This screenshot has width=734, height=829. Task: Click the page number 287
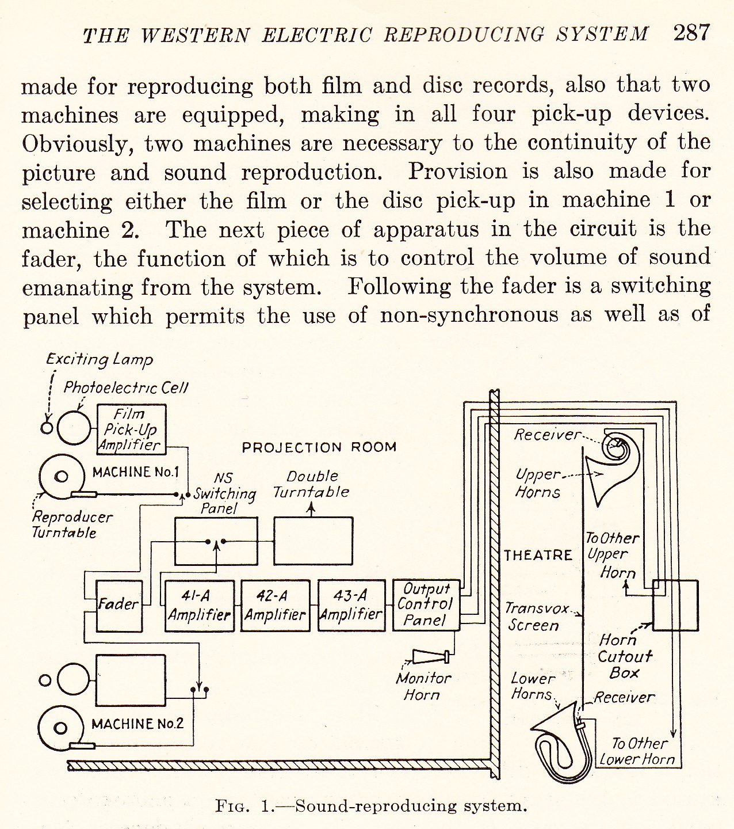click(691, 33)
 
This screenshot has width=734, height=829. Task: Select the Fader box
click(119, 606)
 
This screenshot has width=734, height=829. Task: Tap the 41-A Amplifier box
click(200, 606)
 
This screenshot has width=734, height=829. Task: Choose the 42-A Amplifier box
click(275, 606)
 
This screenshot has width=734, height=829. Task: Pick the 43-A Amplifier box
click(351, 606)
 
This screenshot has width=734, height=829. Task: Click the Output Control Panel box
click(426, 605)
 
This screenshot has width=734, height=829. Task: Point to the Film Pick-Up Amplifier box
click(131, 429)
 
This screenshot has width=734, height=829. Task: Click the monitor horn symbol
click(431, 657)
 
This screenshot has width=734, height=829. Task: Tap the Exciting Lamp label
click(100, 359)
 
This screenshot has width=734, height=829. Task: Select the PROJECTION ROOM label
click(319, 447)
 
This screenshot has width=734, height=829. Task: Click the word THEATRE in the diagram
click(538, 556)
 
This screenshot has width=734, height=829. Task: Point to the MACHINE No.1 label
click(135, 472)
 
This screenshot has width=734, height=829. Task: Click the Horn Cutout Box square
click(675, 605)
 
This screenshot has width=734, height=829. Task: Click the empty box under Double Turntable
click(314, 541)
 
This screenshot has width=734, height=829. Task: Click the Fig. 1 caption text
click(371, 805)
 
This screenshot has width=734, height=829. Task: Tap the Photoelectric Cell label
click(125, 387)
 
